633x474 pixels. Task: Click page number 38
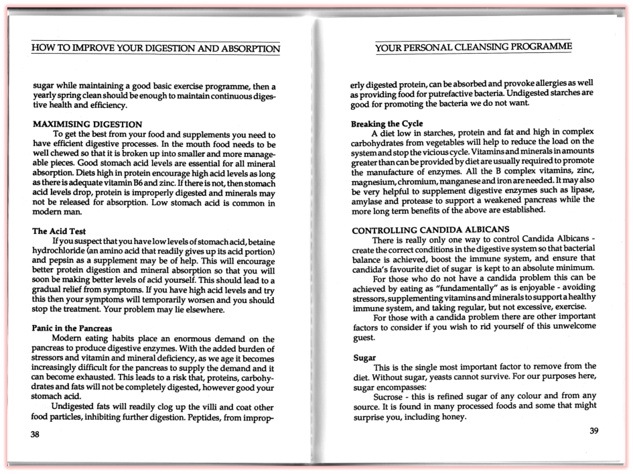click(35, 434)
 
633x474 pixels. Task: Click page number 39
click(594, 430)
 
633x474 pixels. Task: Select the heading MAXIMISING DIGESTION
click(87, 124)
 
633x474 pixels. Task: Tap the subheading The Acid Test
click(59, 231)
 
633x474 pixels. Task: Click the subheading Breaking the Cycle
click(386, 124)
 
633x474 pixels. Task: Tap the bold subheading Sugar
click(364, 357)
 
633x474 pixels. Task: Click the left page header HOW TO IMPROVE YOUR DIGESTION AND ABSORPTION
click(155, 49)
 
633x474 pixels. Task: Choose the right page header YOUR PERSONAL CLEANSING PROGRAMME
click(474, 48)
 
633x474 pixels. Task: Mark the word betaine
click(259, 241)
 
